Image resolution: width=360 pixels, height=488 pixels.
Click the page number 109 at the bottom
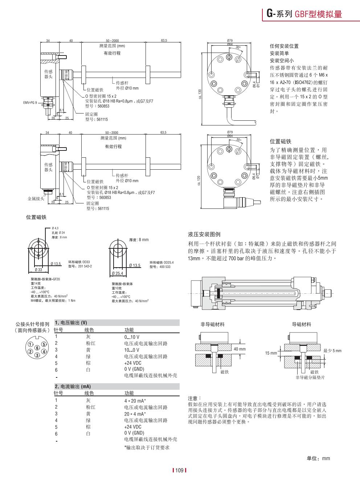pyautogui.click(x=179, y=471)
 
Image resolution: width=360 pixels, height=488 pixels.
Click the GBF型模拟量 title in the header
pyautogui.click(x=318, y=14)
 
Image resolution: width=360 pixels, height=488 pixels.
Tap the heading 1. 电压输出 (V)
pyautogui.click(x=71, y=323)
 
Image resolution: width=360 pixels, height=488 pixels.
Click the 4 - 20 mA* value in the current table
pyautogui.click(x=135, y=401)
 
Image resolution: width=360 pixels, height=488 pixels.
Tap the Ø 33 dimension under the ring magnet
pyautogui.click(x=38, y=270)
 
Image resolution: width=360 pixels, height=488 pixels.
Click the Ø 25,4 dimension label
pyautogui.click(x=118, y=273)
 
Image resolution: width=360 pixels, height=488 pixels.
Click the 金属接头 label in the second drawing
pyautogui.click(x=36, y=199)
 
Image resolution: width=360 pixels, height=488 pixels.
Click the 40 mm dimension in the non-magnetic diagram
pyautogui.click(x=240, y=349)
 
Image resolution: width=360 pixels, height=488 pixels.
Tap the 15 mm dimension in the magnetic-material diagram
pyautogui.click(x=271, y=353)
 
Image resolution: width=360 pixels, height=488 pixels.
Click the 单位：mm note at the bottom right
pyautogui.click(x=318, y=458)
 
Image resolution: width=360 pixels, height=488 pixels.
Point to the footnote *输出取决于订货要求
pyautogui.click(x=147, y=447)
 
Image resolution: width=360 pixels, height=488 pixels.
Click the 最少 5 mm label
pyautogui.click(x=332, y=351)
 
